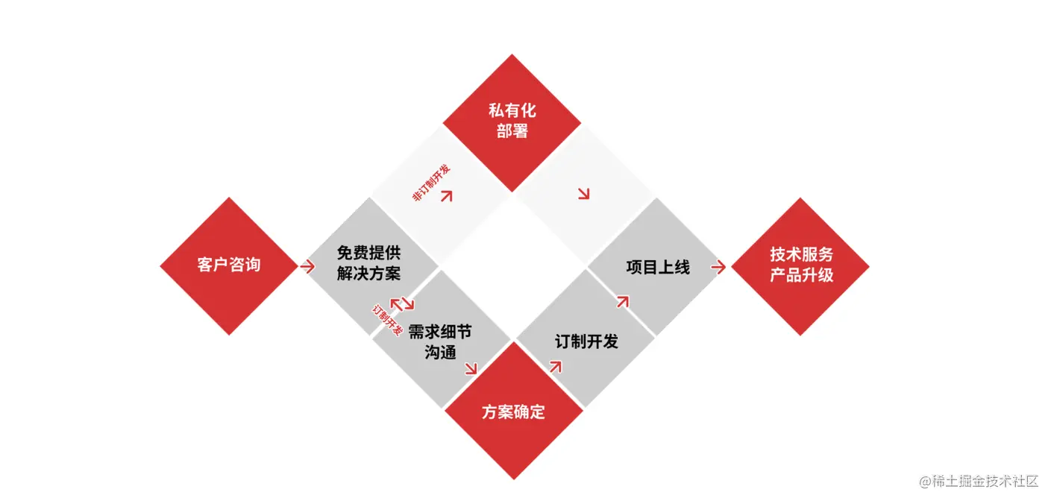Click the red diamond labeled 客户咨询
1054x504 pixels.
pos(229,265)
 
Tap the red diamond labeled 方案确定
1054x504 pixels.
pos(513,411)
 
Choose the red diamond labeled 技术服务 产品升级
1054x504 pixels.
pos(800,265)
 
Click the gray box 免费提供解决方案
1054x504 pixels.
pos(368,263)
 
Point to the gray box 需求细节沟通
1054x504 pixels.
pos(440,341)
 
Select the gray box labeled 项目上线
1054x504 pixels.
pos(657,267)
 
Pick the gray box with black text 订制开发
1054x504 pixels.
pos(586,341)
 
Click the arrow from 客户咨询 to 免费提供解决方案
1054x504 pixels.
pos(307,266)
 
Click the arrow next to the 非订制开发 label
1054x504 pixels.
pos(447,195)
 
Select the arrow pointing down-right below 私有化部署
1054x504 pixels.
pos(583,194)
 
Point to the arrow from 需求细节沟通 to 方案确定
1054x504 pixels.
pos(471,368)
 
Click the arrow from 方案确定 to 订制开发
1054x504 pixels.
pos(554,365)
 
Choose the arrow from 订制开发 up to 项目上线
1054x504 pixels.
pos(622,301)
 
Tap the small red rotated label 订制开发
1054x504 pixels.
pos(387,320)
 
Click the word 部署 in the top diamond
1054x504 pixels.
pos(512,131)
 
